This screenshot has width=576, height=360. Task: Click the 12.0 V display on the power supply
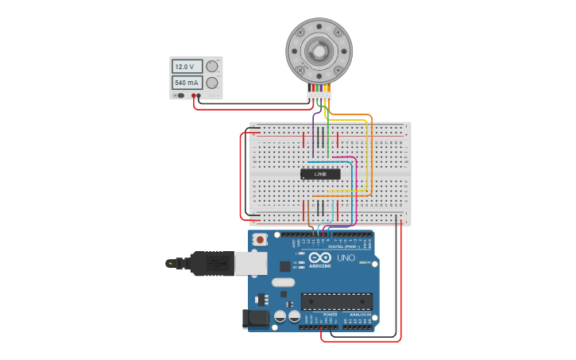click(x=187, y=67)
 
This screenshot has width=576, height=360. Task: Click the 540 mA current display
click(x=187, y=83)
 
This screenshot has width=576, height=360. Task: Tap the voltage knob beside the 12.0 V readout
click(x=212, y=67)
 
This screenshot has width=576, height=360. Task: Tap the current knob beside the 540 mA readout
click(x=212, y=83)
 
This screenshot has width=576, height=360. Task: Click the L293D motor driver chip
click(x=320, y=174)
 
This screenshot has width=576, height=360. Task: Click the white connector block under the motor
click(x=319, y=96)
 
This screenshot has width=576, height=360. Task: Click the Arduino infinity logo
click(x=320, y=258)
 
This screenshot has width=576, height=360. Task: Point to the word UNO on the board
click(x=346, y=258)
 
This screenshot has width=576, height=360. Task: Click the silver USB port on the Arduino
click(x=251, y=263)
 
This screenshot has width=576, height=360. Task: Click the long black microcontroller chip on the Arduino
click(x=336, y=301)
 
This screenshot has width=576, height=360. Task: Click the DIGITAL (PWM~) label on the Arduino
click(x=343, y=246)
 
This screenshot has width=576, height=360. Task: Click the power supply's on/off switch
click(x=181, y=95)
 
